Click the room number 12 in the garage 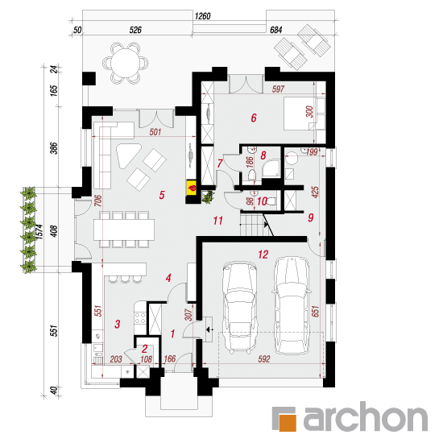pos(263,255)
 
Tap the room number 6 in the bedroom pos(254,118)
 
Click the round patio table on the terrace pos(125,64)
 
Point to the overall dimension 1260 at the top pos(202,16)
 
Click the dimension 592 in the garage pos(264,359)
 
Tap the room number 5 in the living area pos(162,195)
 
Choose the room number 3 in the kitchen pos(118,324)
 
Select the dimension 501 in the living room pos(155,132)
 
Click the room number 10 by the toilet pos(262,201)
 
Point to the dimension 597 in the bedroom pos(278,89)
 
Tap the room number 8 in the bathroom pos(263,155)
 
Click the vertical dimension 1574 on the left pos(39,232)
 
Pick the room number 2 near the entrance pos(144,350)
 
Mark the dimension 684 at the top pos(275,30)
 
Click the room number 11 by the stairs pos(217,221)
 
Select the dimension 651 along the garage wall pos(316,311)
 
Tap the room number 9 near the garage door pos(310,217)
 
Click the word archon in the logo pos(366,417)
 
